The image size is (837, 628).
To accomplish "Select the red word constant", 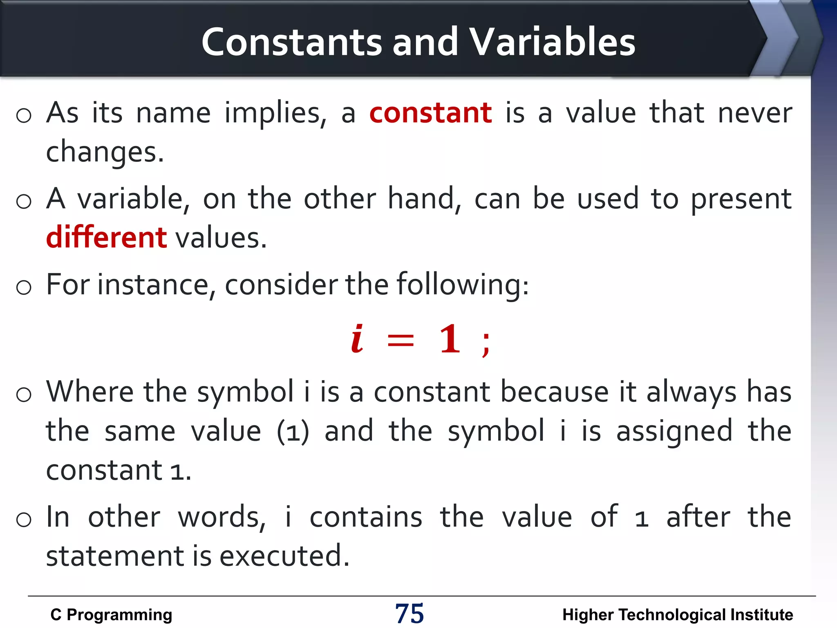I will pyautogui.click(x=430, y=113).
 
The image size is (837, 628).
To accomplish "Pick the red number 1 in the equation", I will pyautogui.click(x=450, y=339).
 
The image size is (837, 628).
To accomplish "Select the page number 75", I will pyautogui.click(x=409, y=614).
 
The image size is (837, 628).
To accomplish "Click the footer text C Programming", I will pyautogui.click(x=111, y=615).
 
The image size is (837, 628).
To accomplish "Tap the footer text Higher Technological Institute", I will pyautogui.click(x=677, y=615).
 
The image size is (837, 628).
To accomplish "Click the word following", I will pyautogui.click(x=462, y=285).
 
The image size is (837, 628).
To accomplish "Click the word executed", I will pyautogui.click(x=284, y=556).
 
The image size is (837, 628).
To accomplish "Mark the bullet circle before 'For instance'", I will pyautogui.click(x=24, y=287).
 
